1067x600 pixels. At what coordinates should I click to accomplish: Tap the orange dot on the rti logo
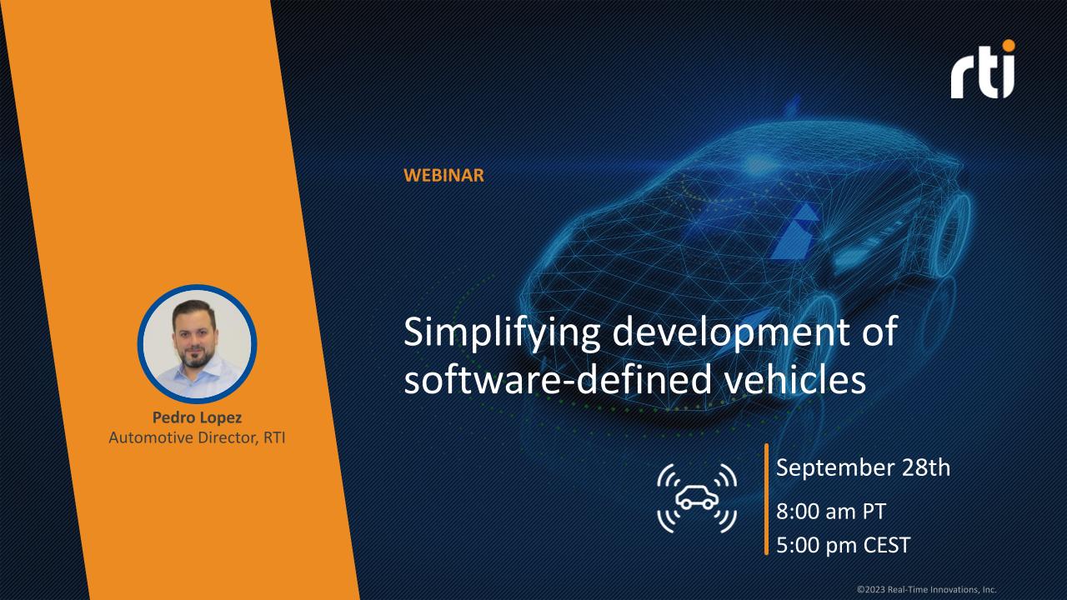click(1009, 46)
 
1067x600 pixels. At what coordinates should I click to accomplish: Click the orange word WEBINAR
click(443, 175)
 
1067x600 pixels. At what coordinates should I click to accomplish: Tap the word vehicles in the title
click(795, 378)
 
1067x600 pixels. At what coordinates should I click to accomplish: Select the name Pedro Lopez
click(198, 417)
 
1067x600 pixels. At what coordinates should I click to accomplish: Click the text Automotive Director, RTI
click(198, 437)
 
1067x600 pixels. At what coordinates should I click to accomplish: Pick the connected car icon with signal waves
click(697, 498)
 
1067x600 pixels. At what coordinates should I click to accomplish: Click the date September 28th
click(863, 467)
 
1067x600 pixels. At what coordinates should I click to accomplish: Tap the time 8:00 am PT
click(831, 512)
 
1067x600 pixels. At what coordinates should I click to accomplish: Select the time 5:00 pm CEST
click(843, 545)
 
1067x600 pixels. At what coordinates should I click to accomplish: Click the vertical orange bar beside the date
click(766, 499)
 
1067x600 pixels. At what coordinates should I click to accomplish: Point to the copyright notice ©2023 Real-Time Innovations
click(926, 589)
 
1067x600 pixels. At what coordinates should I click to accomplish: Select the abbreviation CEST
click(886, 545)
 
